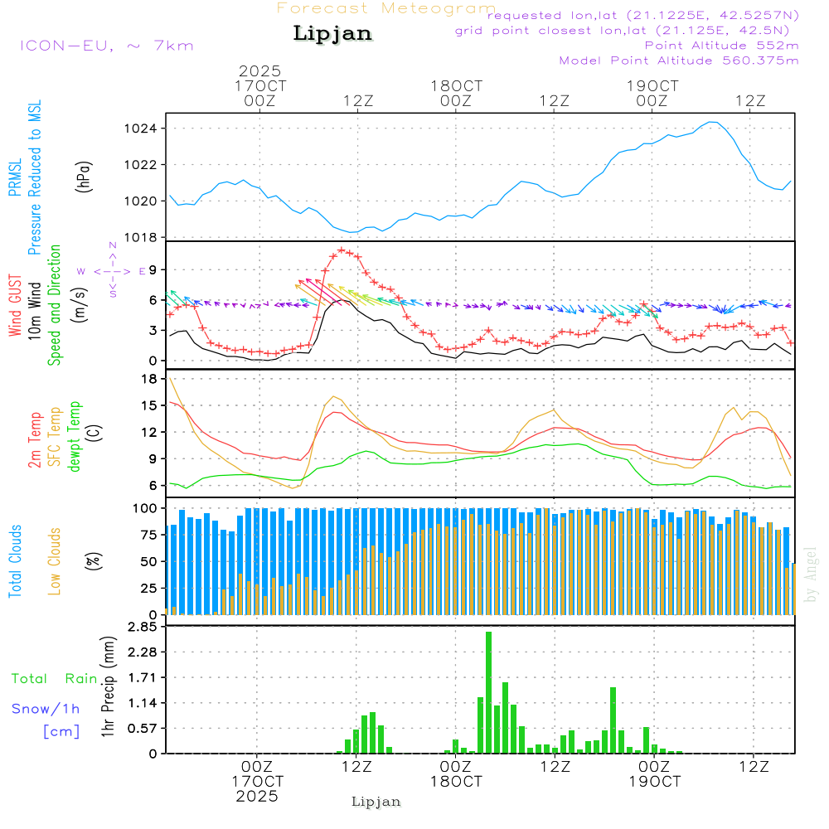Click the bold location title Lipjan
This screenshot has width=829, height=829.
point(332,34)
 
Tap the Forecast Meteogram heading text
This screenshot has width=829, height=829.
point(386,8)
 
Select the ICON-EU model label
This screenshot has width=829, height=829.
point(106,46)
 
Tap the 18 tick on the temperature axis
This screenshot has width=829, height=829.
point(150,379)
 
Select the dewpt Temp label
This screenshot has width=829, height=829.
point(75,437)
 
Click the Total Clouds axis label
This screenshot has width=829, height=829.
point(15,561)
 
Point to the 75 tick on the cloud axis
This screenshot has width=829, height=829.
point(148,535)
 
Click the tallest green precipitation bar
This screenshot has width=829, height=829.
point(489,692)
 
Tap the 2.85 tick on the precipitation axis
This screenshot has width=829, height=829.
point(143,628)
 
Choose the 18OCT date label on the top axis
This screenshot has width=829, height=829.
point(456,85)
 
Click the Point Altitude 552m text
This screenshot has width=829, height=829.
point(721,46)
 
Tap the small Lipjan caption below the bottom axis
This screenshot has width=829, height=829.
point(376,802)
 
